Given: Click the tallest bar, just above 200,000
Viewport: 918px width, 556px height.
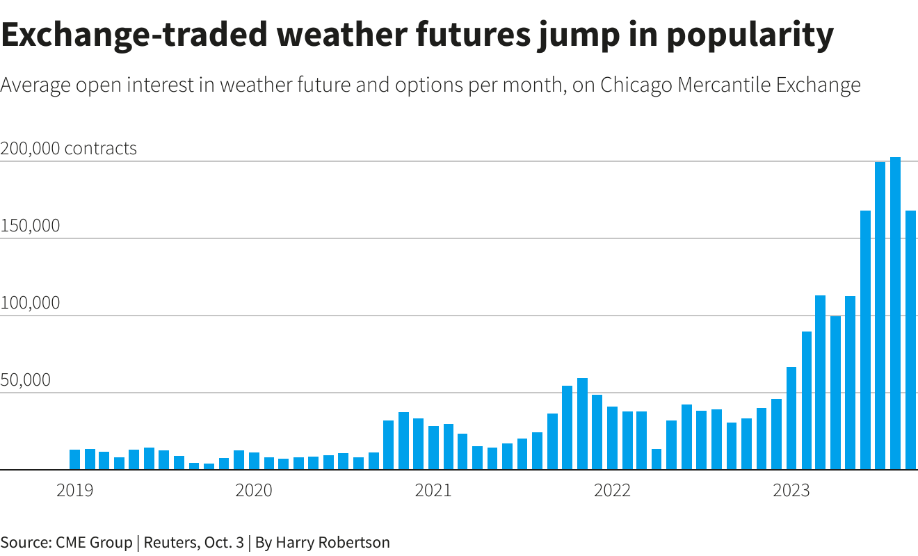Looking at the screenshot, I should click(x=895, y=313).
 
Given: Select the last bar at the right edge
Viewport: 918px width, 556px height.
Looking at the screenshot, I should click(x=910, y=340).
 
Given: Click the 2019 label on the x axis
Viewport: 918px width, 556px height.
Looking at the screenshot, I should click(x=74, y=491).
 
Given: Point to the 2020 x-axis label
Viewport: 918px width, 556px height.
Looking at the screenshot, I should click(x=254, y=491).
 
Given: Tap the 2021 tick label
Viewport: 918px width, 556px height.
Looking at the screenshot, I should click(x=433, y=491).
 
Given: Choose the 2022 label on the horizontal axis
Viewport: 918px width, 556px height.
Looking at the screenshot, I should click(x=612, y=491).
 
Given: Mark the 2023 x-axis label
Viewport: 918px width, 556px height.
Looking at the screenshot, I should click(x=791, y=491).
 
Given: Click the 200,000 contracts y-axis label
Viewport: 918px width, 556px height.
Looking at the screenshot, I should click(x=69, y=149).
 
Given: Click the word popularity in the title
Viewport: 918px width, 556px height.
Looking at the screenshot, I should click(x=750, y=35).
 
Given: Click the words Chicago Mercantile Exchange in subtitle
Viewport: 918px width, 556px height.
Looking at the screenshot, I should click(x=730, y=85).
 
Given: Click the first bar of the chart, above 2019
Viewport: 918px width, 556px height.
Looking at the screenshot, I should click(x=74, y=459).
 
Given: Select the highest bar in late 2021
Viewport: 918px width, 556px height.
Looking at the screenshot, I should click(x=582, y=424).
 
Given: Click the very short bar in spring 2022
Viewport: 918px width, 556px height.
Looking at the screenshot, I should click(x=657, y=459).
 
